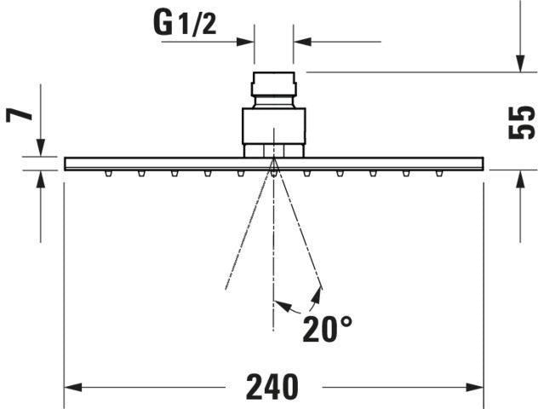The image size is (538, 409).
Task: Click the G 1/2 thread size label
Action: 185,24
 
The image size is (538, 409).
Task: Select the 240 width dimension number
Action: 272,388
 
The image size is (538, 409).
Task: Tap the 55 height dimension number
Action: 521,123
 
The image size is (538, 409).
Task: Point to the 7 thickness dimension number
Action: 20,114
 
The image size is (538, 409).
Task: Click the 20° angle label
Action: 327,329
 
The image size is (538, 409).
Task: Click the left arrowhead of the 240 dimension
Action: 73,388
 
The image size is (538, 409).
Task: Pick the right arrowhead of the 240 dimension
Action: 474,388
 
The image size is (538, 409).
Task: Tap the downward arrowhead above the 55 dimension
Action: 520,63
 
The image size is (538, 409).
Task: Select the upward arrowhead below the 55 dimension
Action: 520,179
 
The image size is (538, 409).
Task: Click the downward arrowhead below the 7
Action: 41,147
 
